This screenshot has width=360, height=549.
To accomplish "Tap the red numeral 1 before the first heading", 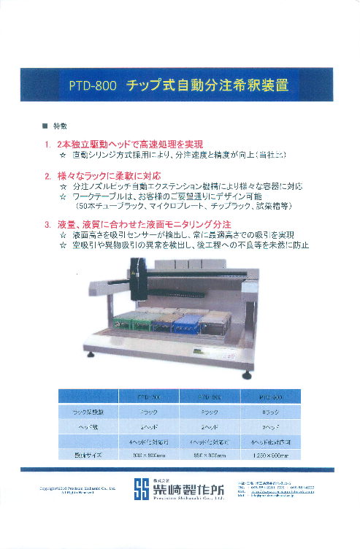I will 47,145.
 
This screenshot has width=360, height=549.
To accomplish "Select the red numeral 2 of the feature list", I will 47,176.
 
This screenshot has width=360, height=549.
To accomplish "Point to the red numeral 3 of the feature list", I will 47,223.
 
